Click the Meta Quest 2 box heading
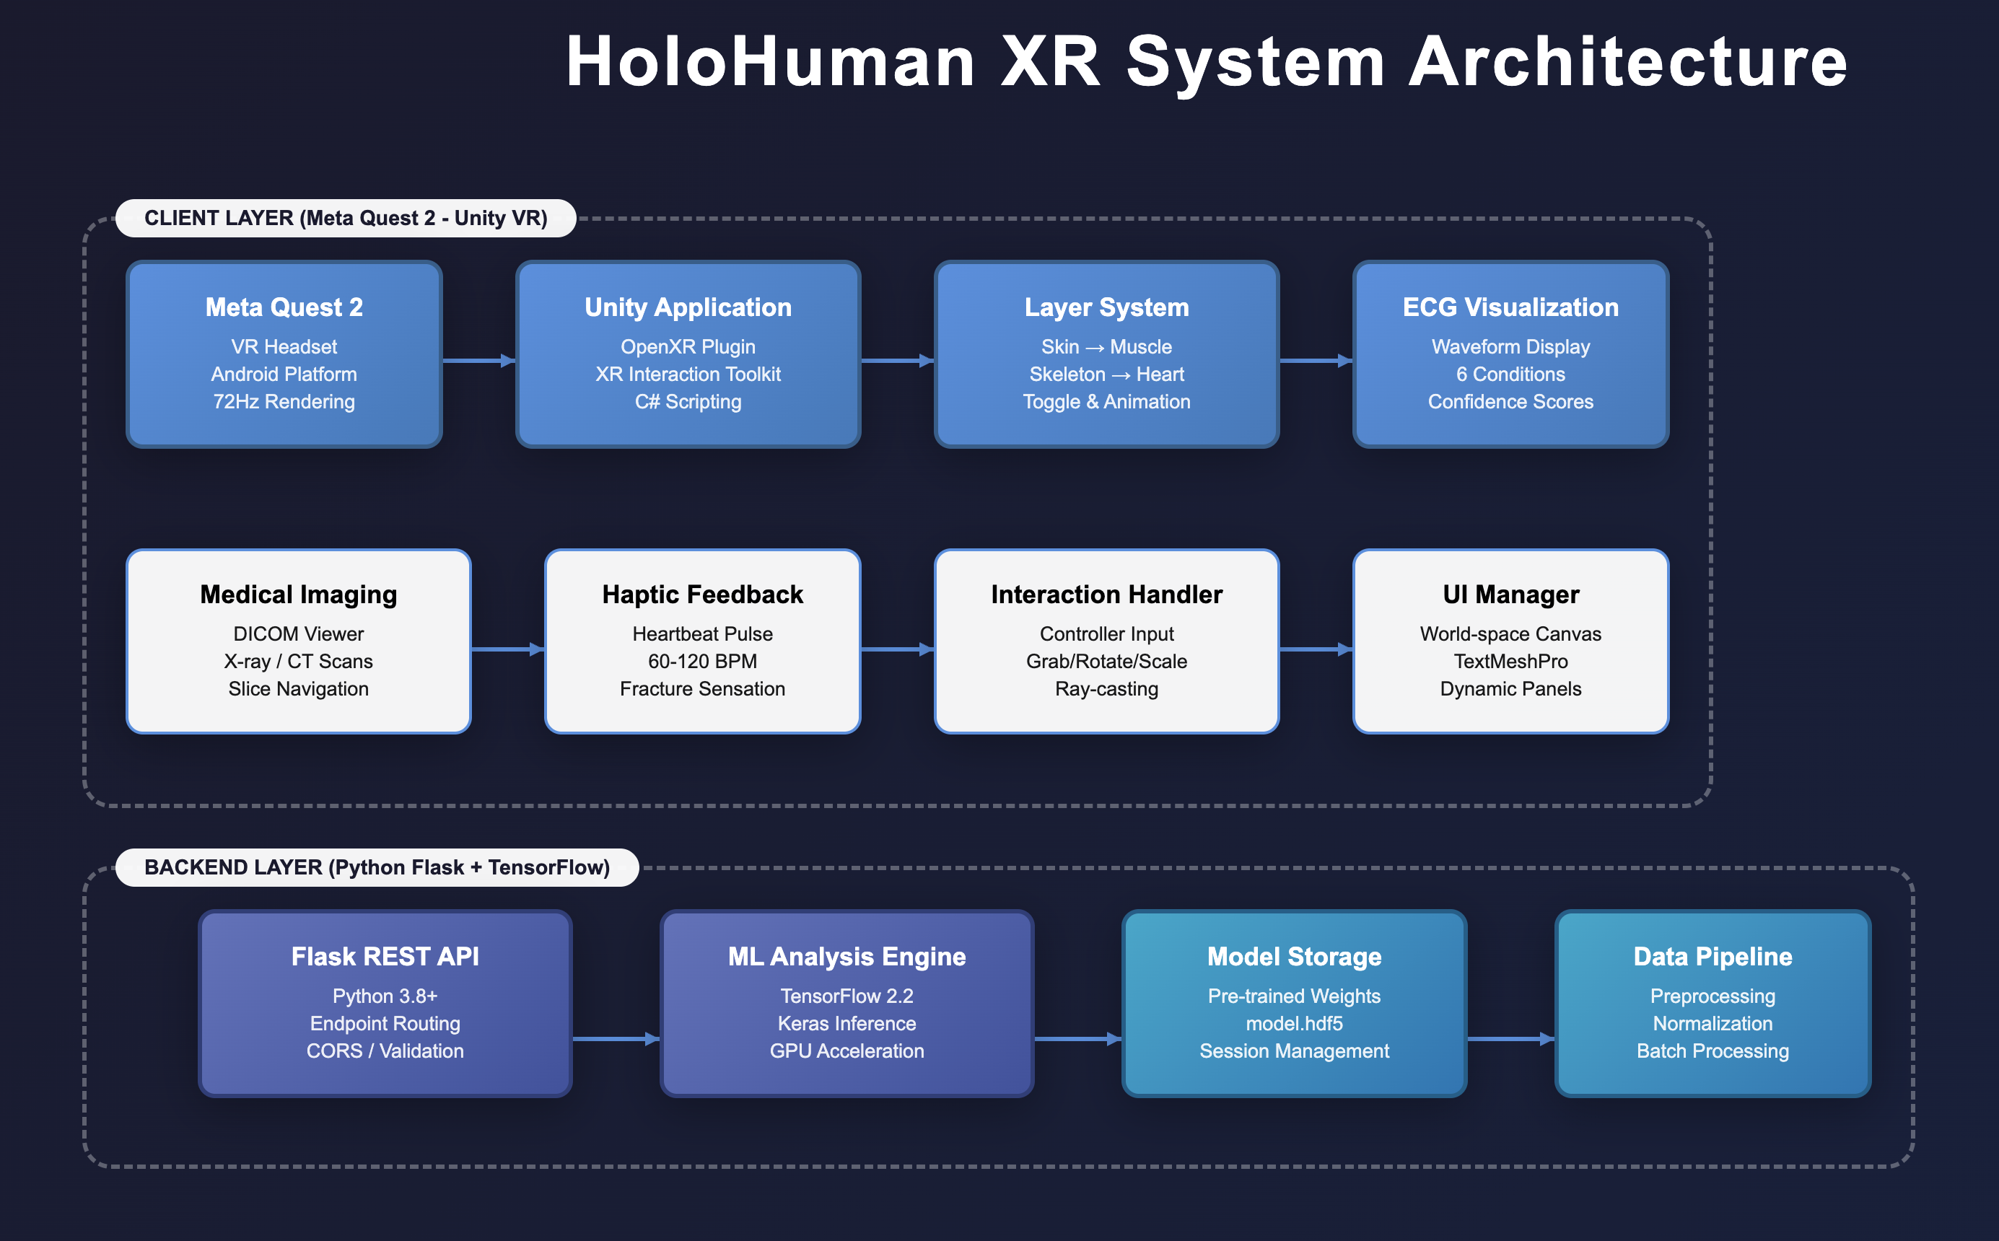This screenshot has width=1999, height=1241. point(284,307)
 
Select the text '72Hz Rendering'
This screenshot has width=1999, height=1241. point(284,401)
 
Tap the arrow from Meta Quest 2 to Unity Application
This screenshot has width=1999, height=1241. point(478,360)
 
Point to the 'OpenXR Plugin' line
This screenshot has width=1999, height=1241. point(688,346)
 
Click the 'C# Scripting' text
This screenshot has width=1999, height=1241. point(688,401)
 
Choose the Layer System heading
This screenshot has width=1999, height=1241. point(1106,307)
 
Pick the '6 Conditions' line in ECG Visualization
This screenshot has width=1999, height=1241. point(1510,374)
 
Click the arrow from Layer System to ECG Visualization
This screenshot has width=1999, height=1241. point(1315,360)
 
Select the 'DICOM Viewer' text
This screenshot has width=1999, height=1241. point(299,633)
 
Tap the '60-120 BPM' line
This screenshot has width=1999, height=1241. point(703,662)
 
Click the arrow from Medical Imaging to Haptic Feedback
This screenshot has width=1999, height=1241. point(507,649)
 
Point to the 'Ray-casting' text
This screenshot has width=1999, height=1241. point(1106,688)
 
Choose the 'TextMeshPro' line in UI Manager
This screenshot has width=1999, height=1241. point(1510,662)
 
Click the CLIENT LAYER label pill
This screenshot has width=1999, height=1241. point(346,219)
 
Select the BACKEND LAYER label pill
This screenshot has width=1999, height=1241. point(377,867)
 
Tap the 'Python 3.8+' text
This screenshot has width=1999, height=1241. point(385,996)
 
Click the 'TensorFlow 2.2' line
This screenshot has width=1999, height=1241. point(847,996)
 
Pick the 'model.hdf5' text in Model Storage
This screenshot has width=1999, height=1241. point(1295,1024)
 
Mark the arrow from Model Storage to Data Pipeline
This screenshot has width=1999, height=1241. point(1510,1039)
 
